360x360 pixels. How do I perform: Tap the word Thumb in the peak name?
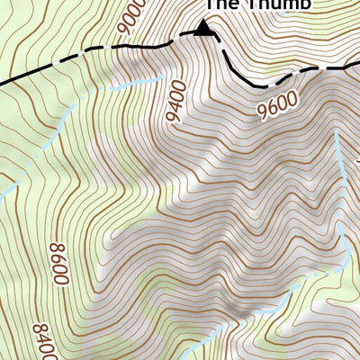[278, 4]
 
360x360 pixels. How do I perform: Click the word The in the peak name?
[221, 4]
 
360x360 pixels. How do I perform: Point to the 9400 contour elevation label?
[175, 101]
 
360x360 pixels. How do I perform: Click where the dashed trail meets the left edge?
[1, 84]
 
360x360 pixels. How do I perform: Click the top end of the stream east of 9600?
[337, 129]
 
